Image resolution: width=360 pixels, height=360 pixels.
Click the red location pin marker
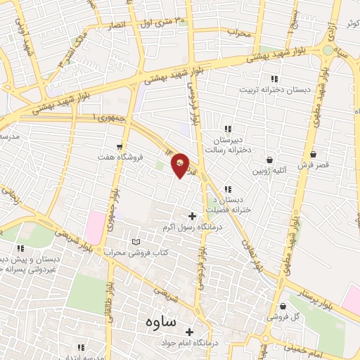coord(181,165)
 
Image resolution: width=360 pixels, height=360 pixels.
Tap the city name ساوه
coord(160,322)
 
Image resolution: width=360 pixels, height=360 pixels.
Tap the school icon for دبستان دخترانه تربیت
coord(275,79)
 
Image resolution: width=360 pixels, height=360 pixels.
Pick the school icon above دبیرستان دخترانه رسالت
coord(227,129)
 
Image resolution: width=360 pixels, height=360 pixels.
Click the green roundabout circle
coord(328,50)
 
